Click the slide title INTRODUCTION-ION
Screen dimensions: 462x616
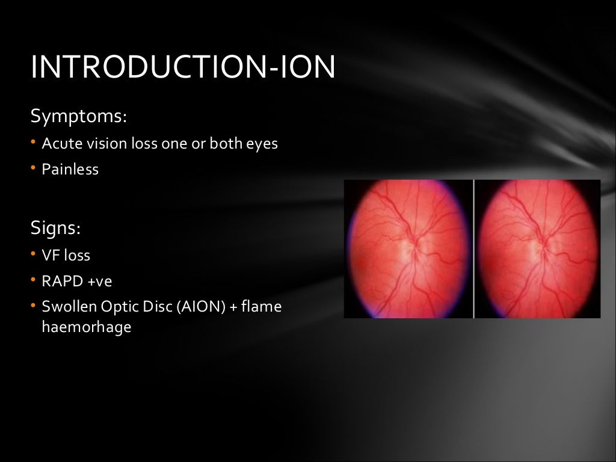pyautogui.click(x=182, y=67)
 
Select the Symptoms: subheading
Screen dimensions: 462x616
pyautogui.click(x=78, y=115)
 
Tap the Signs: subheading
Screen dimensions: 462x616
pyautogui.click(x=55, y=228)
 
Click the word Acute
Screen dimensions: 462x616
pyautogui.click(x=57, y=144)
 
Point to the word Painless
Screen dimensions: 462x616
pyautogui.click(x=70, y=170)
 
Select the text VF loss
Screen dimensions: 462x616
pyautogui.click(x=66, y=256)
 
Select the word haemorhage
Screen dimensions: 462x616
pyautogui.click(x=86, y=328)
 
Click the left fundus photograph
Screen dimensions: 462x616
pyautogui.click(x=407, y=248)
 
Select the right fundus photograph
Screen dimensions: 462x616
pyautogui.click(x=537, y=248)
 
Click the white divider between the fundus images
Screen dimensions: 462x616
pyautogui.click(x=474, y=248)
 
